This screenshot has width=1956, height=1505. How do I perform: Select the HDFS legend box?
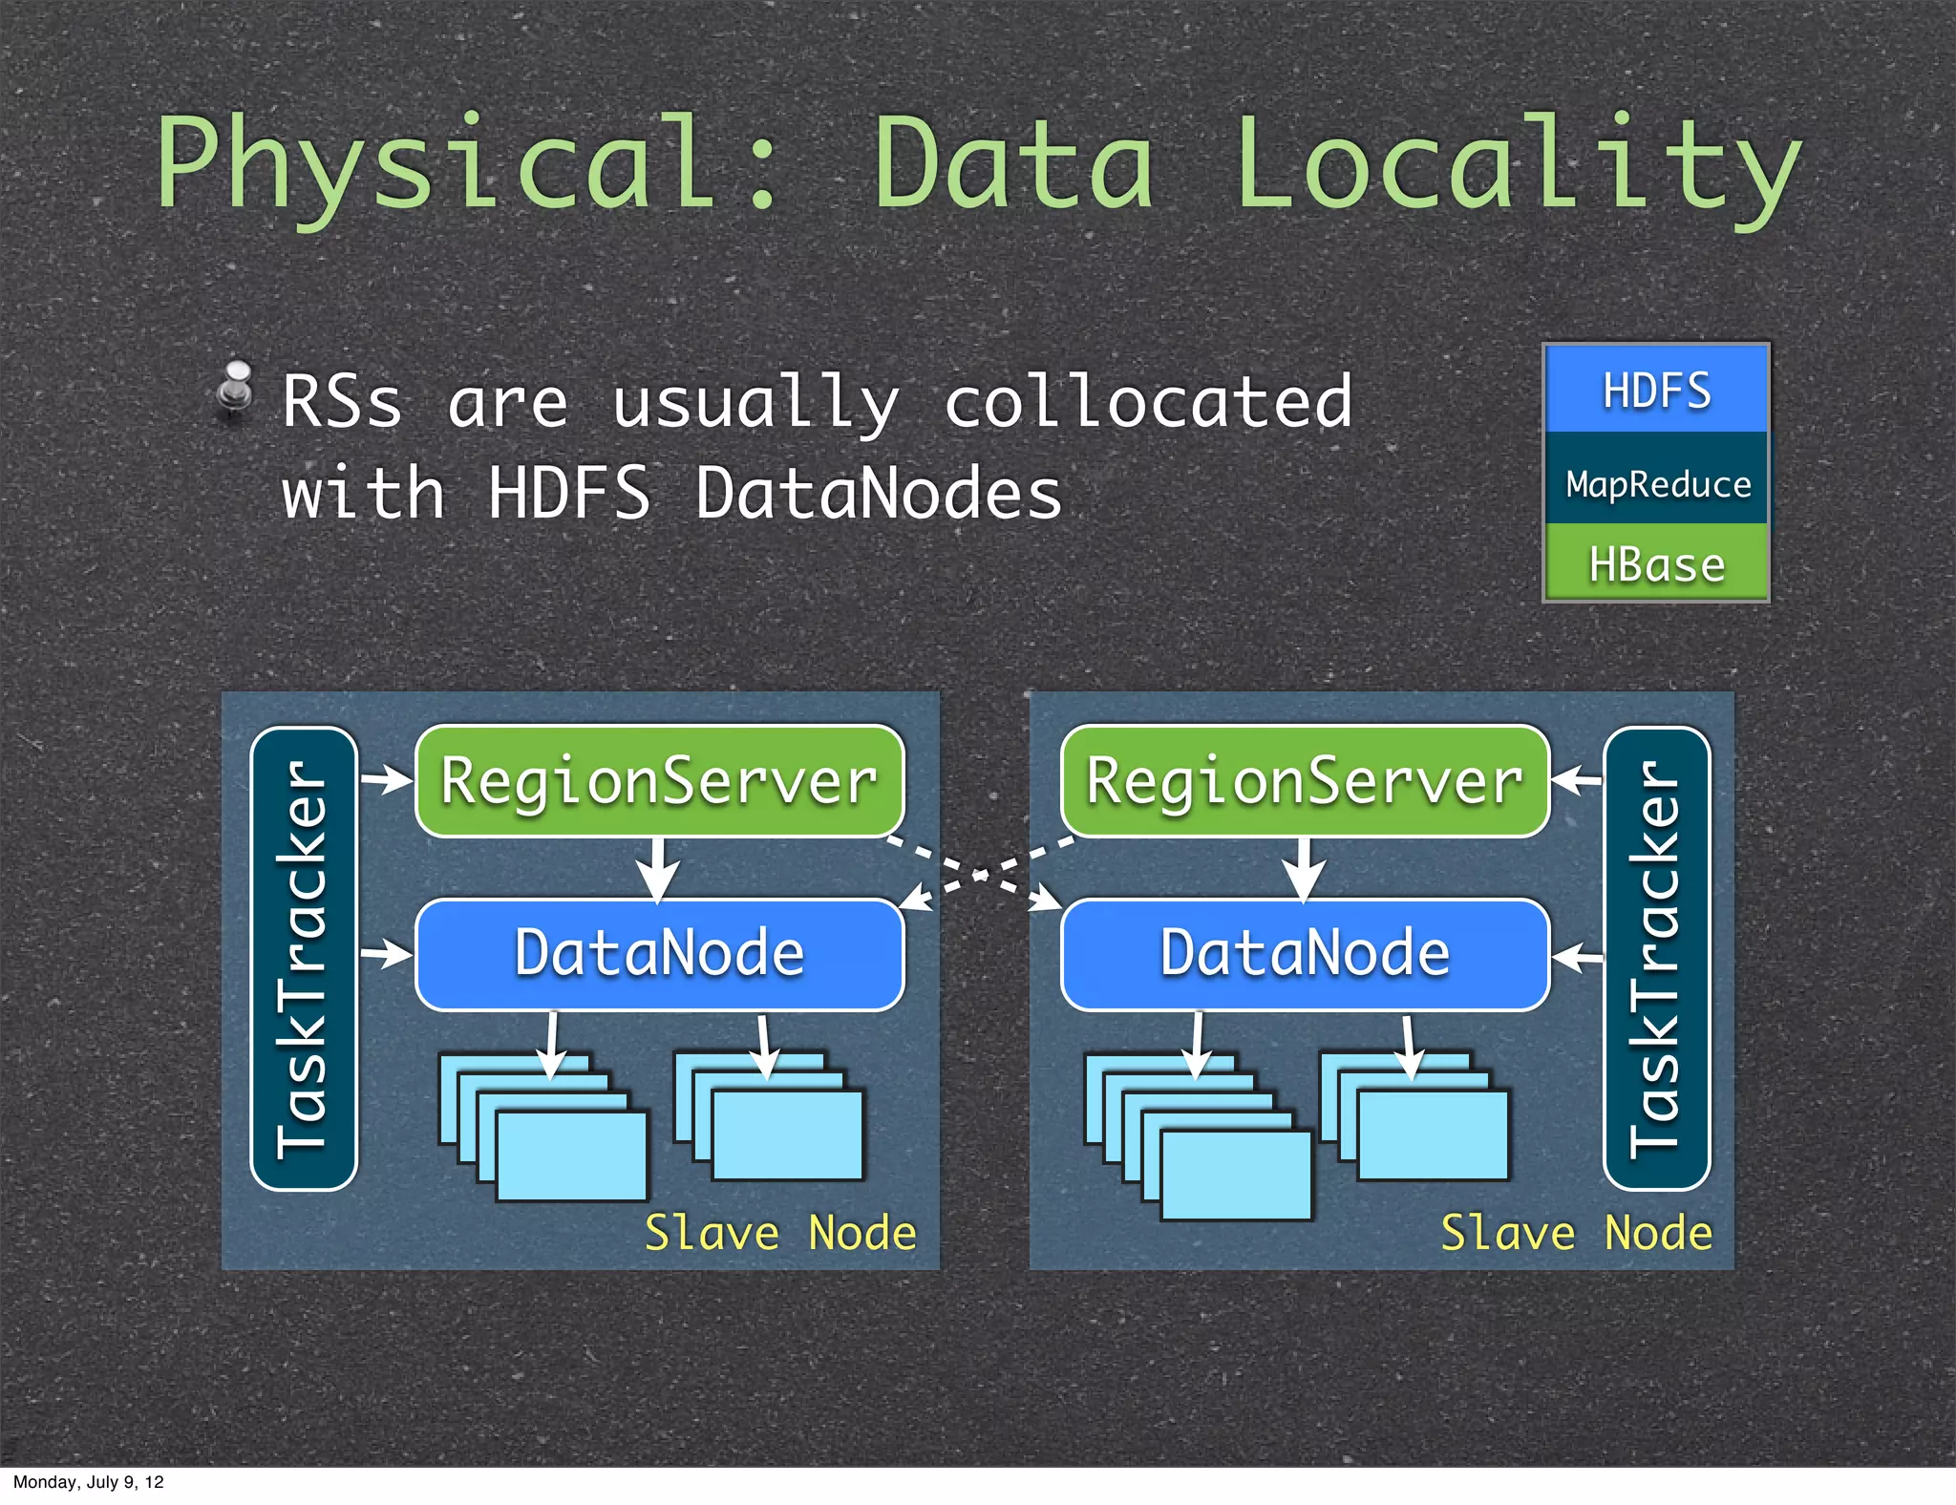[x=1656, y=390]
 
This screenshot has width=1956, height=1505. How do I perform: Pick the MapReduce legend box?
[x=1656, y=480]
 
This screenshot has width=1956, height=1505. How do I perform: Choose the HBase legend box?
[x=1656, y=563]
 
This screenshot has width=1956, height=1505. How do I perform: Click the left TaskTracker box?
[x=304, y=958]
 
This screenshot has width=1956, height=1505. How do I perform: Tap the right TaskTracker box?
[x=1656, y=958]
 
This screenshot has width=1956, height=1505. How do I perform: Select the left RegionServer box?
[x=659, y=781]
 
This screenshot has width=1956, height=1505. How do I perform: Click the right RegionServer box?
[x=1305, y=781]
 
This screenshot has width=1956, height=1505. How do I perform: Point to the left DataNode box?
[x=659, y=954]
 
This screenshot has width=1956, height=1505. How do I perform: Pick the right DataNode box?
[x=1305, y=954]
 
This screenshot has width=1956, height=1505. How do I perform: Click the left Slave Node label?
[x=780, y=1233]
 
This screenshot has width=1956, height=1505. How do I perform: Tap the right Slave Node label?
[x=1576, y=1233]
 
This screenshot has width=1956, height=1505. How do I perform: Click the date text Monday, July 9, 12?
[x=88, y=1482]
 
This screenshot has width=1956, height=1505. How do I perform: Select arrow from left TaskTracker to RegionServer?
[x=387, y=779]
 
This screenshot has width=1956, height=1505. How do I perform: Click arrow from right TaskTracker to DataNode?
[x=1577, y=955]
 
